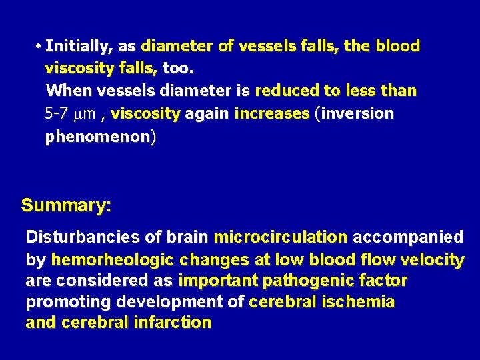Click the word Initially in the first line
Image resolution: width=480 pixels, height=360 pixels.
(79, 47)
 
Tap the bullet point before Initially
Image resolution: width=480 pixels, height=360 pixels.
(40, 47)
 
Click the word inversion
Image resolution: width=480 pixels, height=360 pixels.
(359, 114)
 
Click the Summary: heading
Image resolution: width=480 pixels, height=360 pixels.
(66, 205)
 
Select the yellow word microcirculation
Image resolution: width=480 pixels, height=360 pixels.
(281, 237)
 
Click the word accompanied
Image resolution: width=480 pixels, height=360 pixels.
(408, 237)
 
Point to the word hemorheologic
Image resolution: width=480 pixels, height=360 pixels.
(113, 260)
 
